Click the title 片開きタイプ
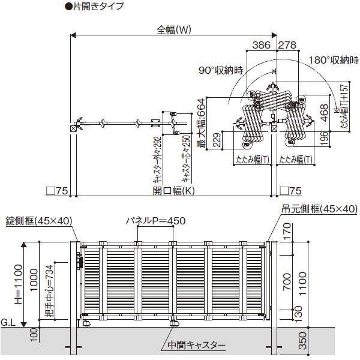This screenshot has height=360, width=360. [97, 7]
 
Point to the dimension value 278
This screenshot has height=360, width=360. [288, 44]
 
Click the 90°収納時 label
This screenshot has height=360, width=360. [222, 70]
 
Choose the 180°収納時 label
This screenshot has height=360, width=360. [334, 61]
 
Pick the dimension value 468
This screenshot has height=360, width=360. [324, 112]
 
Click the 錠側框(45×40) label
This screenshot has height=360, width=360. [38, 220]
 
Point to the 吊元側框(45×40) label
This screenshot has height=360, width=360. [319, 209]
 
